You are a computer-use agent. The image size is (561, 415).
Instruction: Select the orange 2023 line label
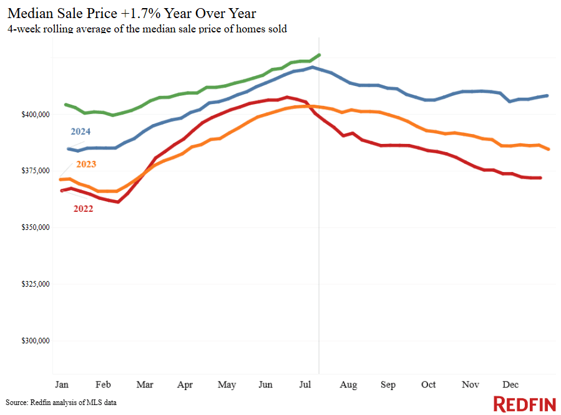87,165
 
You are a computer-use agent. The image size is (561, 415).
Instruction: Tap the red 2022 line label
83,209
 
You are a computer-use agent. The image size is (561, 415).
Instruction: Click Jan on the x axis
62,385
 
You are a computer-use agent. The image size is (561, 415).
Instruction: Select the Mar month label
145,385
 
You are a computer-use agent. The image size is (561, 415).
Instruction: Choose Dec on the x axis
510,385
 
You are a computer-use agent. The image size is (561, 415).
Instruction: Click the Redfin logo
524,403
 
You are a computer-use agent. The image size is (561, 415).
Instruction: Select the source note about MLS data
61,403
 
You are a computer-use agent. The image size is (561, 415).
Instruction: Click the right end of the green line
320,55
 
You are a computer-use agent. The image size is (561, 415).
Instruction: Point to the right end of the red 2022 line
540,178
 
